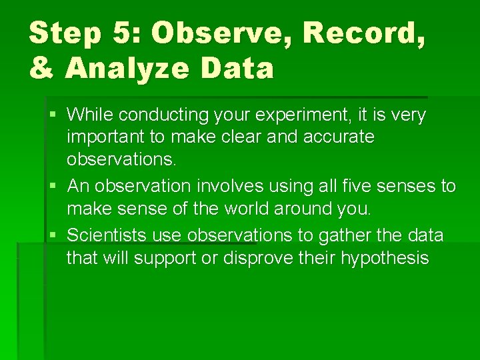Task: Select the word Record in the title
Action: click(x=359, y=33)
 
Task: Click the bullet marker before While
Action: click(x=53, y=115)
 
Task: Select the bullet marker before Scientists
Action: click(x=53, y=235)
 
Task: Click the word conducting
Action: click(x=165, y=115)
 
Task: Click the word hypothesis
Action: click(x=385, y=258)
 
